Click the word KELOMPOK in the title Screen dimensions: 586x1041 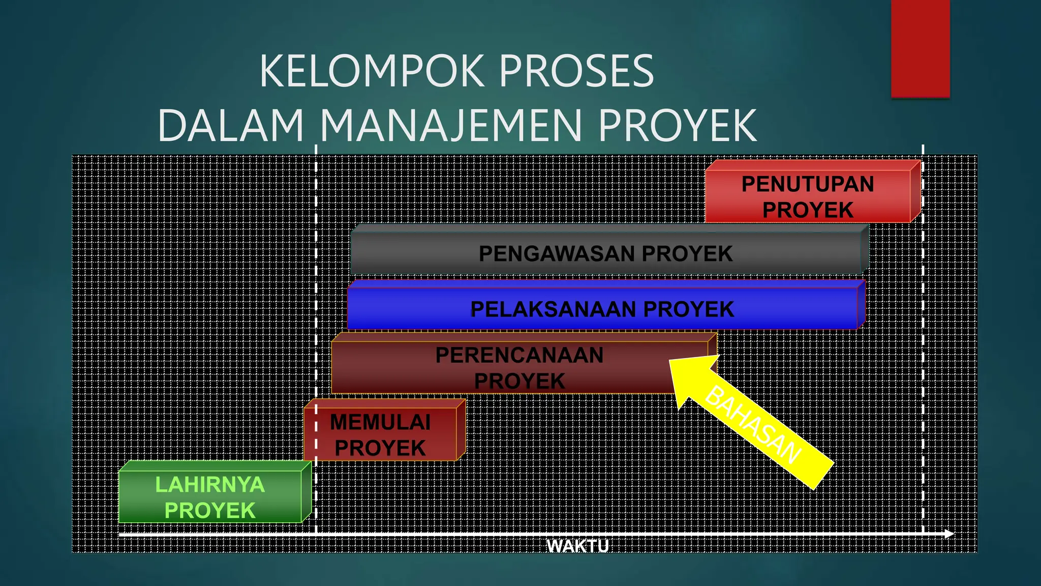click(x=371, y=71)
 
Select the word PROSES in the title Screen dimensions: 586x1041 click(x=576, y=71)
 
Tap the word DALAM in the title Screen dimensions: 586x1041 click(x=231, y=126)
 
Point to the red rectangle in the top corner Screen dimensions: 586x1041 click(x=920, y=48)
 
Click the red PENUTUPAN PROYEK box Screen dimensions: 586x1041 click(x=808, y=196)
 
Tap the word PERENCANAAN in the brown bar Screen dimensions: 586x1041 click(x=519, y=355)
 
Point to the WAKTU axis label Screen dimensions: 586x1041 click(x=577, y=546)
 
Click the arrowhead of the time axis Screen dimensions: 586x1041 click(x=949, y=534)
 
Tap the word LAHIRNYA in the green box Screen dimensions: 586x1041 click(x=210, y=484)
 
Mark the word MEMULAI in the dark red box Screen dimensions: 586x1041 click(x=380, y=422)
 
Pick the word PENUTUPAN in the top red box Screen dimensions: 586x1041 click(x=808, y=184)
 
